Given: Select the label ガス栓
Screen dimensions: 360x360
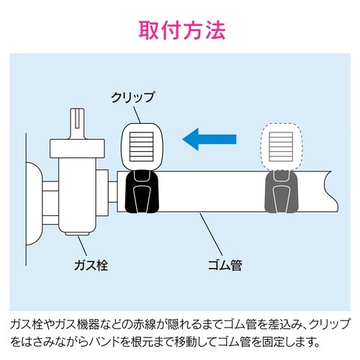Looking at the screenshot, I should tap(94, 264).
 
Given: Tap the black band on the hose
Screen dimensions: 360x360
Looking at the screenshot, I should tap(141, 193).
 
